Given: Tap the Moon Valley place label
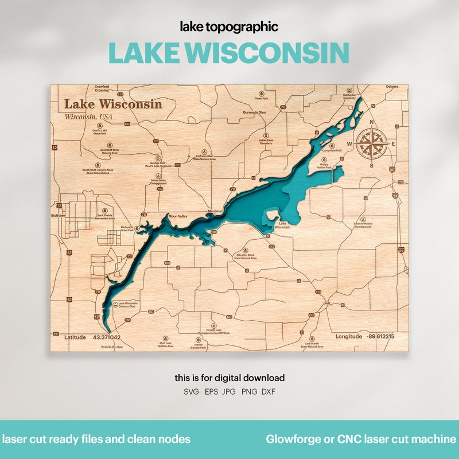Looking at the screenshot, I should [178, 216].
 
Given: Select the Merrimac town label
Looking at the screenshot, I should [215, 212].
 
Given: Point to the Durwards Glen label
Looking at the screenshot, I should [254, 113].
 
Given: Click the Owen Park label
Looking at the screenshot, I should [261, 99].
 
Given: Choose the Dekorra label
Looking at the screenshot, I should [392, 87].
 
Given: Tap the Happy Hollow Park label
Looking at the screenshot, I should [325, 166].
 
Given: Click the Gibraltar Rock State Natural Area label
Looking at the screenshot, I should [245, 256].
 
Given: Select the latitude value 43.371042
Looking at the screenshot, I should [107, 337].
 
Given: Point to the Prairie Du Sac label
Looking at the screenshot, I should [112, 347].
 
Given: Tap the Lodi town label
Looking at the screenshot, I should [328, 302].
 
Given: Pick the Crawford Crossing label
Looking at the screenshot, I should [102, 89].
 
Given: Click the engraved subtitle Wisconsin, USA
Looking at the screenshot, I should [88, 117].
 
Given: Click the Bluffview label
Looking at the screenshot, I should [59, 216].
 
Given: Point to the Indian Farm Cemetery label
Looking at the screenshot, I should [266, 142].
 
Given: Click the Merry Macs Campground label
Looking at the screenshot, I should [158, 181].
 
